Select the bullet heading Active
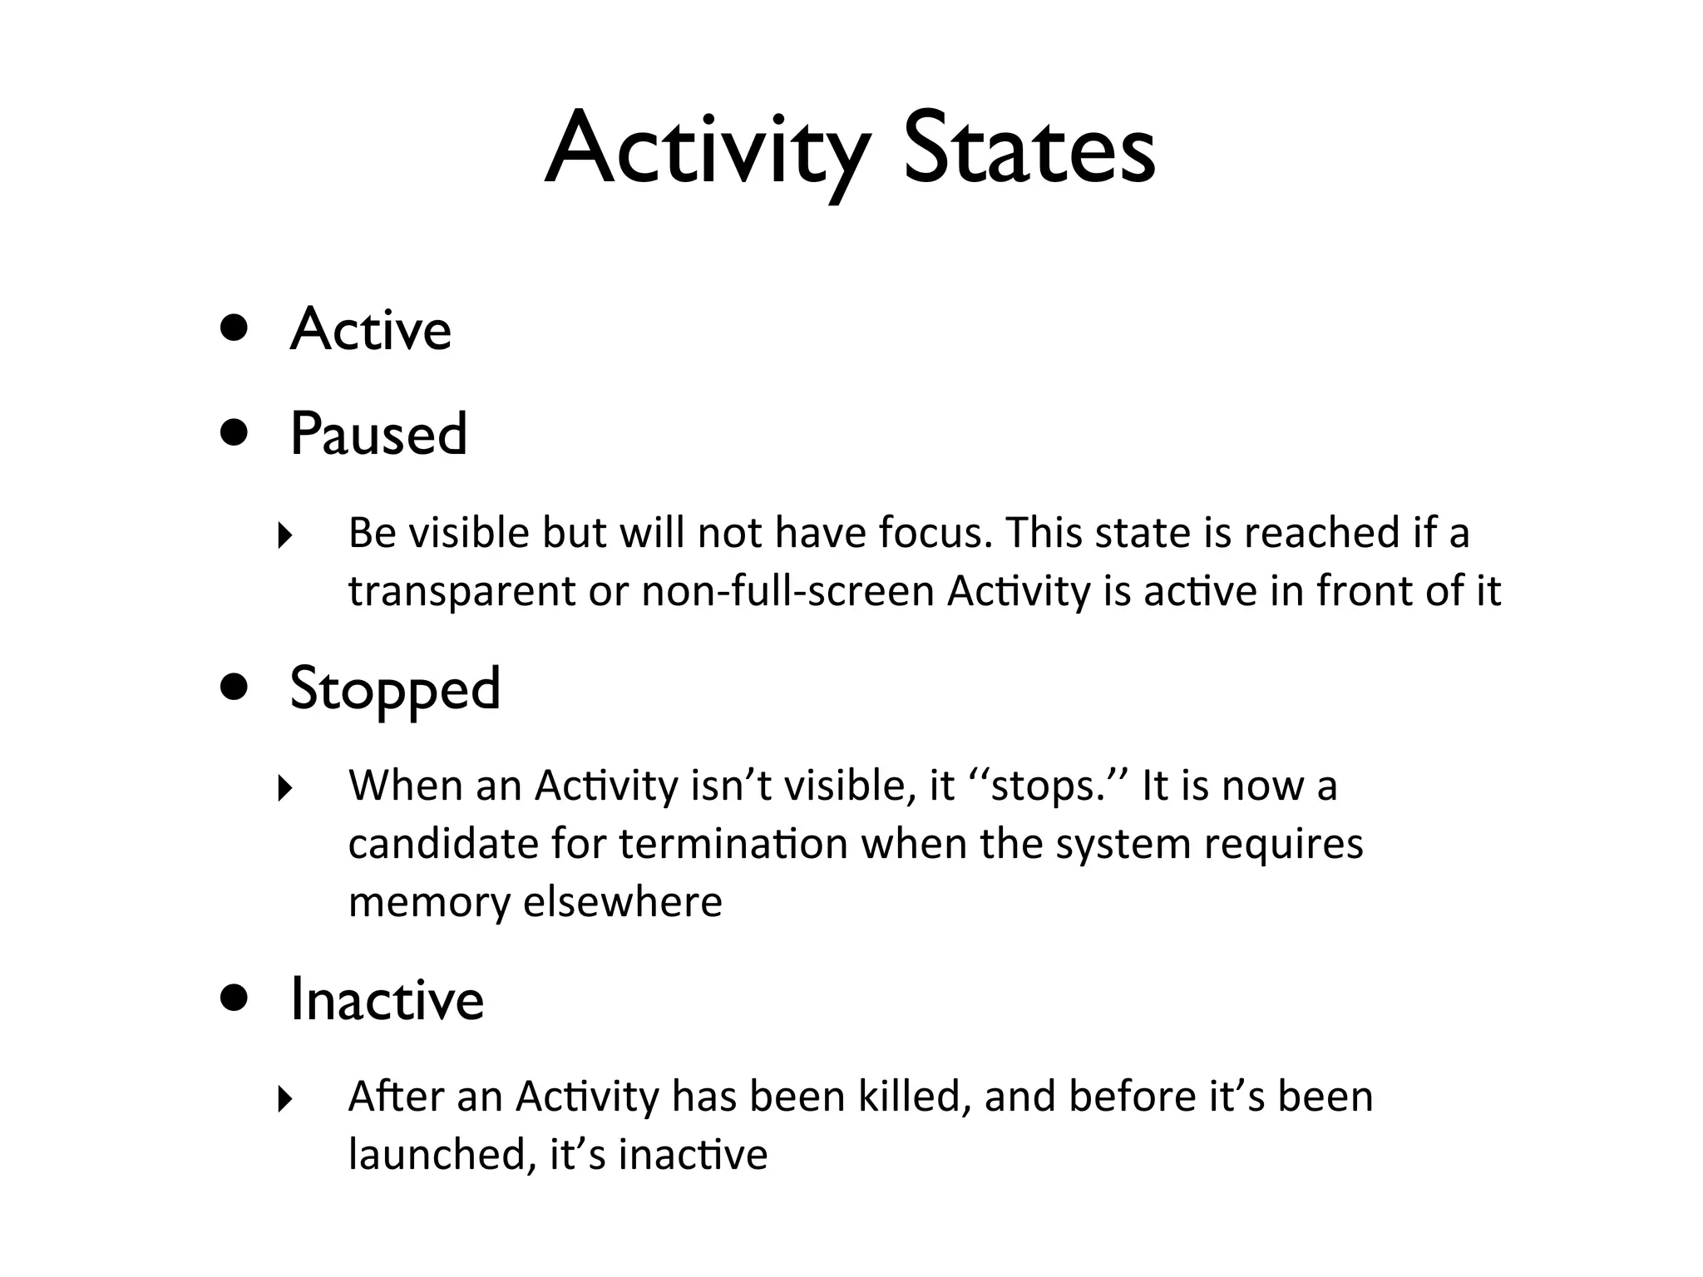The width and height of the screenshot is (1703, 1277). pos(371,330)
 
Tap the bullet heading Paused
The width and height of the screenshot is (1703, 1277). pos(378,434)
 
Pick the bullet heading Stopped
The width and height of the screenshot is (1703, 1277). pos(395,689)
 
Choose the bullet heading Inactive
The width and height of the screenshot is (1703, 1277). pos(387,999)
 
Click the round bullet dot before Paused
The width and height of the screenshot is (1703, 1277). pos(234,432)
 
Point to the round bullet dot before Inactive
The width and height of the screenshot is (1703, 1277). pos(234,998)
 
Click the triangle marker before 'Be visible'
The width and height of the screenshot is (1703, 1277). pos(285,535)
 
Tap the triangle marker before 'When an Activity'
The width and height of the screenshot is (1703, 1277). pos(285,788)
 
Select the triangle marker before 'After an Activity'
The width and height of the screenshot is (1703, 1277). pos(285,1099)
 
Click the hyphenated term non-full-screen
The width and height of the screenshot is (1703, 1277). pos(788,591)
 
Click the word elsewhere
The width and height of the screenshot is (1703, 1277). pos(623,902)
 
